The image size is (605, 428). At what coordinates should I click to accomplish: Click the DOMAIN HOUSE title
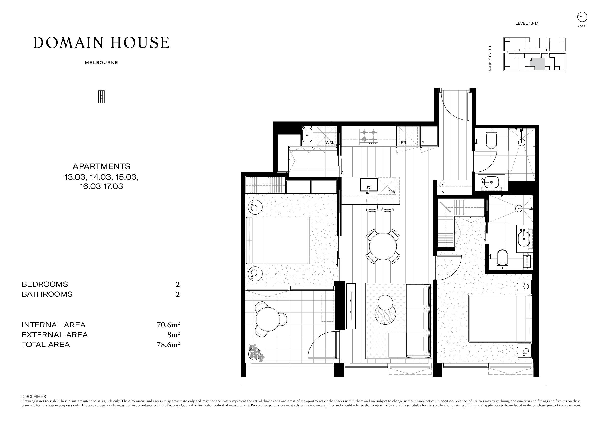[101, 43]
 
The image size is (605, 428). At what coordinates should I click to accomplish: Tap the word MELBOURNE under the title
[101, 63]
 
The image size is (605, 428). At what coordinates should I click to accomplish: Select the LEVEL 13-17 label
[527, 23]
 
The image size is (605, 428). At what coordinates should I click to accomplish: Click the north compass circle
[582, 17]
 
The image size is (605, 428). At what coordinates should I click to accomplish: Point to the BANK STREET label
[490, 59]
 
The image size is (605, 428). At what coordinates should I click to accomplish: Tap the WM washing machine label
[329, 143]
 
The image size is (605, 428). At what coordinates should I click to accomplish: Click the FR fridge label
[404, 143]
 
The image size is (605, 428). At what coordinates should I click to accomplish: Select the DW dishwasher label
[392, 192]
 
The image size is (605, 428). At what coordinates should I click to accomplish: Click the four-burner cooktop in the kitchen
[369, 137]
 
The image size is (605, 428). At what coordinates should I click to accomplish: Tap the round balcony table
[269, 319]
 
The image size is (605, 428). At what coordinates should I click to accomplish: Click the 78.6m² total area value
[168, 344]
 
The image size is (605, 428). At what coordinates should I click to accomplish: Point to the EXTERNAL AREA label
[55, 335]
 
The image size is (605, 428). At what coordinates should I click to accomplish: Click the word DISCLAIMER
[34, 396]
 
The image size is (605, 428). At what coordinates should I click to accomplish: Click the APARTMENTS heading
[101, 166]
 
